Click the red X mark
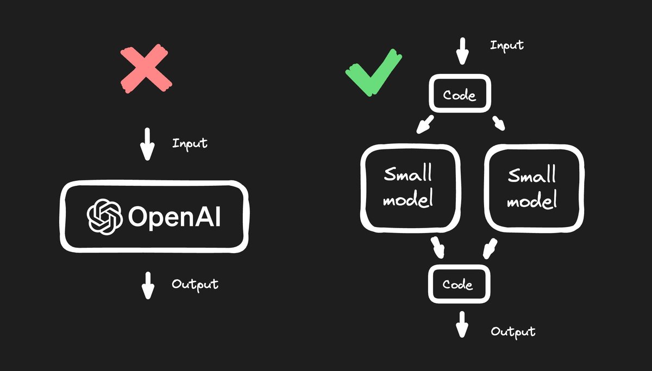146,70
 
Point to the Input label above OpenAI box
190,143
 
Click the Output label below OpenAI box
195,284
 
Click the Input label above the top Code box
506,45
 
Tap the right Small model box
533,187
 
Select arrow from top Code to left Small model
425,124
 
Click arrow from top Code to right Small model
499,123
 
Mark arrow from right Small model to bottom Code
488,248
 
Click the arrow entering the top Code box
461,51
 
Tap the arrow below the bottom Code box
462,325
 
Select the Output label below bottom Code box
513,331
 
